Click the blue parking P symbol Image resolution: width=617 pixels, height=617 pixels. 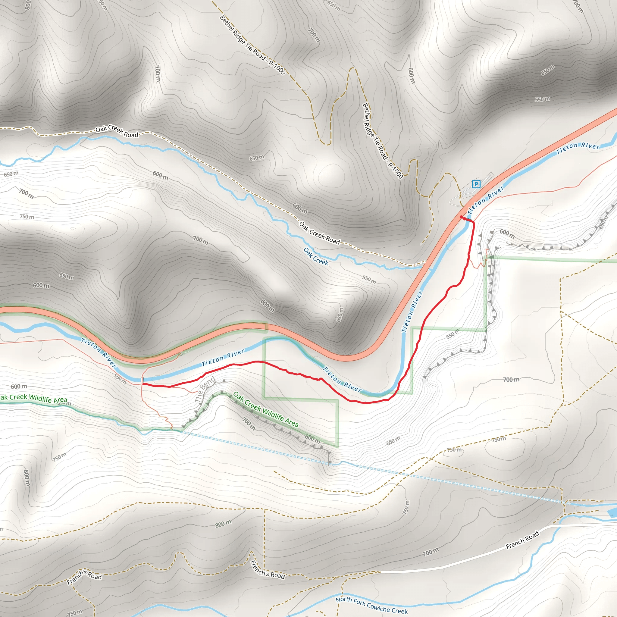tap(476, 184)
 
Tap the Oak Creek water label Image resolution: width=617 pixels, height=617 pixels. tap(316, 256)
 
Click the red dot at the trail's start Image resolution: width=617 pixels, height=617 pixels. tap(461, 217)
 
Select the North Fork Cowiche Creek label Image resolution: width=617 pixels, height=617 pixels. tap(371, 605)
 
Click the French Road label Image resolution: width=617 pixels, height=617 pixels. tap(522, 540)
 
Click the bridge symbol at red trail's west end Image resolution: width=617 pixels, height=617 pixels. tap(143, 380)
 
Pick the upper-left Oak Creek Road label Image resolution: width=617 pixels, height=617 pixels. tap(117, 131)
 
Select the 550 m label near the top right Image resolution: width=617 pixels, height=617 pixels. tap(542, 99)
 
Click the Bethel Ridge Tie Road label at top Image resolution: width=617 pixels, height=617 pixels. tap(252, 45)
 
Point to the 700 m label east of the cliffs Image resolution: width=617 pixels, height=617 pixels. tap(511, 379)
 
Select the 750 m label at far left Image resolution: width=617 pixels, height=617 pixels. tap(27, 217)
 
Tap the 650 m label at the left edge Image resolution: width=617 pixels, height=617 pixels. tap(11, 174)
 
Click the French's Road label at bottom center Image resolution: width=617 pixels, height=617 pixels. tap(268, 570)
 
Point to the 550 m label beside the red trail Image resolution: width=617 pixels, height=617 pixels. tap(453, 334)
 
